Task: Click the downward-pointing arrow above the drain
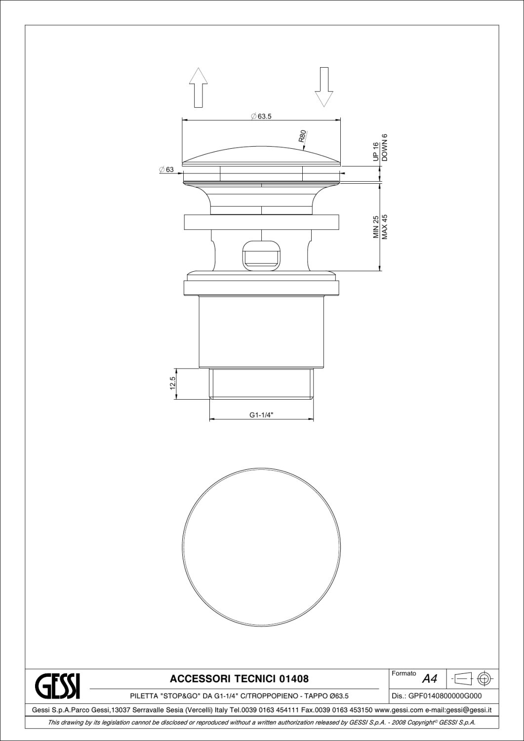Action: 324,87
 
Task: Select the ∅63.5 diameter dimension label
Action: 262,116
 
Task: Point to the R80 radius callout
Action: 303,136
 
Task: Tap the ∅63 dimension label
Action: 166,170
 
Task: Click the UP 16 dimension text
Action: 376,152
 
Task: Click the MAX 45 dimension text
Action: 385,227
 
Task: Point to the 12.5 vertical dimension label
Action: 172,383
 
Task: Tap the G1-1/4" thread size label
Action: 261,415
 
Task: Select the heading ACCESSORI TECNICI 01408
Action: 239,679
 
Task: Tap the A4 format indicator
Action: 430,679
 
